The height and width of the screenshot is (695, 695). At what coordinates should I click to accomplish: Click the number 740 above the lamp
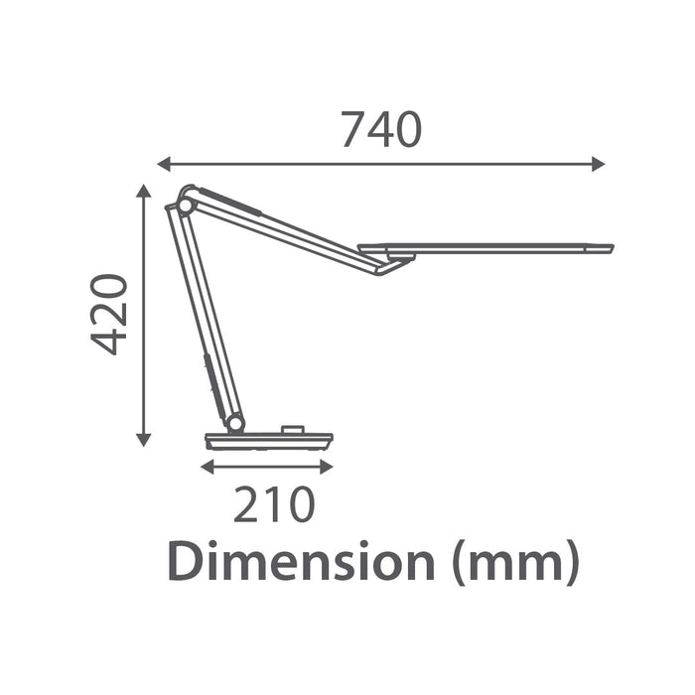(381, 130)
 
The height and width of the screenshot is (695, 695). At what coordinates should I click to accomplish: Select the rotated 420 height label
(110, 314)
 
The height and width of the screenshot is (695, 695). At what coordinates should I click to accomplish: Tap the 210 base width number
(274, 505)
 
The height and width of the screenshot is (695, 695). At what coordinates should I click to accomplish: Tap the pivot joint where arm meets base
(235, 423)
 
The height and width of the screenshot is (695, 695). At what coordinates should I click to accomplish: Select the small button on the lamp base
(292, 430)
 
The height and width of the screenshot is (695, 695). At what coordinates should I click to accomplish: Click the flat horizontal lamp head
(486, 247)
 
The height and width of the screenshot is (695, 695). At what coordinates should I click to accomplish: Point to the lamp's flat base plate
(269, 440)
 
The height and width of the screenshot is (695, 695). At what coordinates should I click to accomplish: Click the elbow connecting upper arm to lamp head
(389, 263)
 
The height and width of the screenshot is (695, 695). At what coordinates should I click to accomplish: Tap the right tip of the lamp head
(610, 248)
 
